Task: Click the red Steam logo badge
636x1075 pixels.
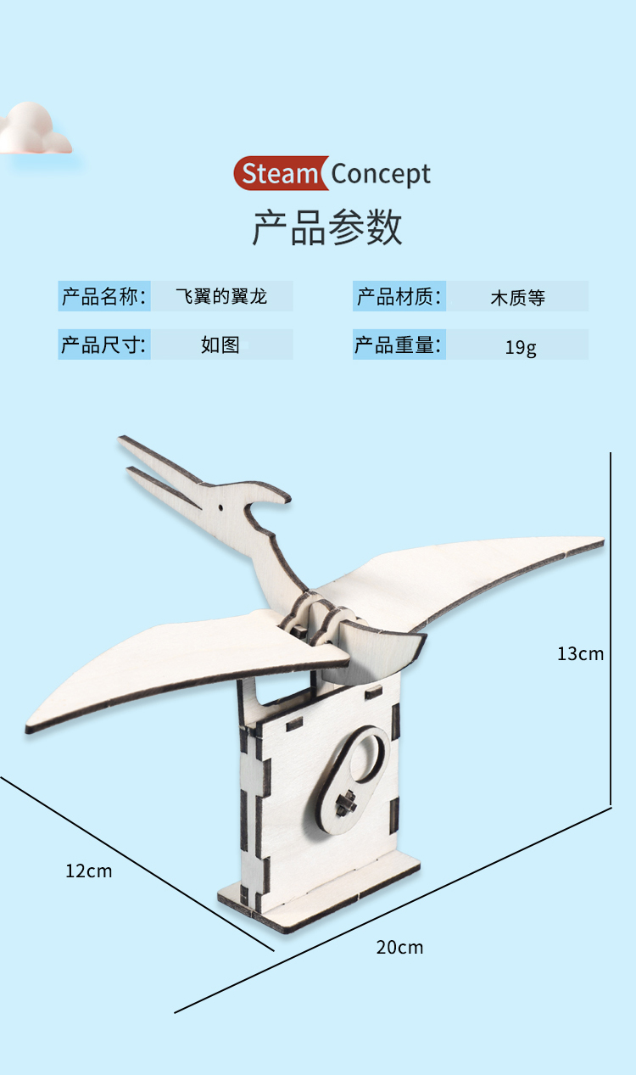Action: click(x=280, y=174)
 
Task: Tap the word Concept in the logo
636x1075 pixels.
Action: click(x=381, y=174)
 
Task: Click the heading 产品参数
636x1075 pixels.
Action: click(x=327, y=227)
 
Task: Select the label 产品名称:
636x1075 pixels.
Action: click(x=104, y=297)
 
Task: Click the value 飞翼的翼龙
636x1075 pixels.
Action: click(x=221, y=297)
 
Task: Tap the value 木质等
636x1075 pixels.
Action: click(x=517, y=298)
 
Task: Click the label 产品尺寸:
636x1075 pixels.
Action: click(x=104, y=345)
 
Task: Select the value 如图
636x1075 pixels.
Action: click(x=220, y=345)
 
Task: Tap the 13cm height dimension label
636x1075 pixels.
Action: click(x=581, y=653)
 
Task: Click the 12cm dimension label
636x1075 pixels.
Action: click(x=89, y=871)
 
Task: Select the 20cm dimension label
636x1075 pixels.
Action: click(x=399, y=947)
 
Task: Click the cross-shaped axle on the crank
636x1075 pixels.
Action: click(x=345, y=802)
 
